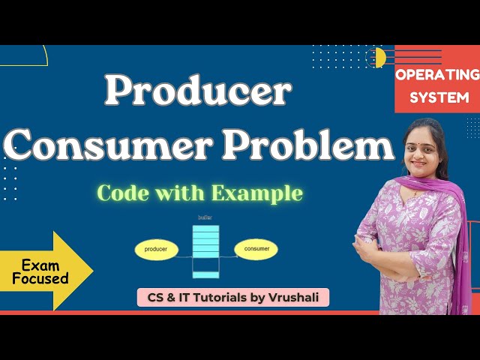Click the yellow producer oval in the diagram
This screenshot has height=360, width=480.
(x=157, y=248)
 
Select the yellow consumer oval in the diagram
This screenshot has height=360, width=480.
(x=256, y=248)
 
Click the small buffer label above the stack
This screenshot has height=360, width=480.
(x=205, y=217)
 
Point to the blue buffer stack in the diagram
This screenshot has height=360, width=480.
(x=205, y=247)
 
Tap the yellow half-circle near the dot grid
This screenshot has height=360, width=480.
(x=379, y=57)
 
